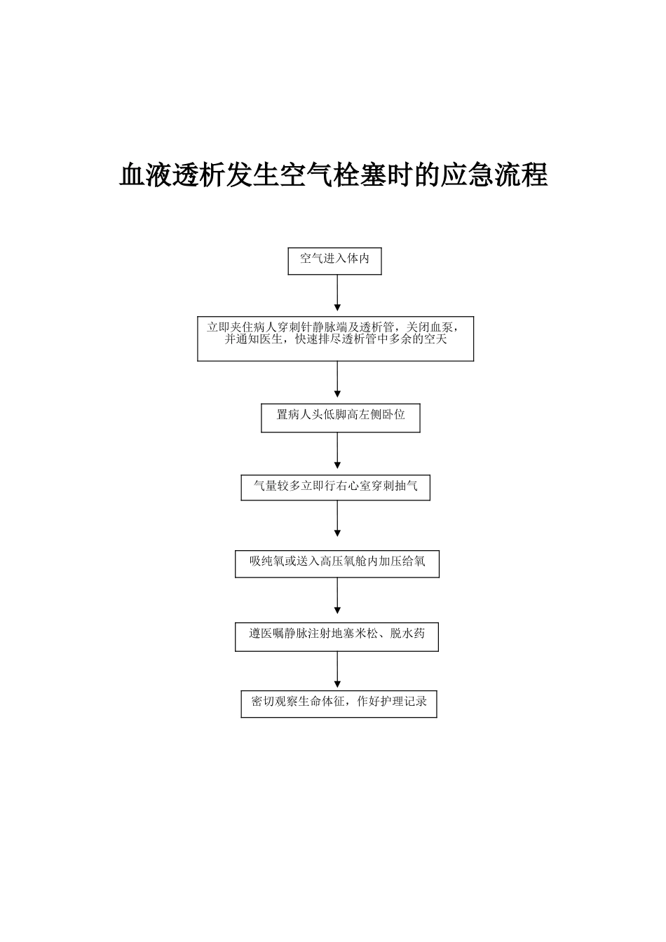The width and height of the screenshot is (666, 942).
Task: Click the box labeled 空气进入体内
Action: coord(334,260)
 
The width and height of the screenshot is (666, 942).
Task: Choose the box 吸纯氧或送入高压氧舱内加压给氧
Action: coord(337,563)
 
